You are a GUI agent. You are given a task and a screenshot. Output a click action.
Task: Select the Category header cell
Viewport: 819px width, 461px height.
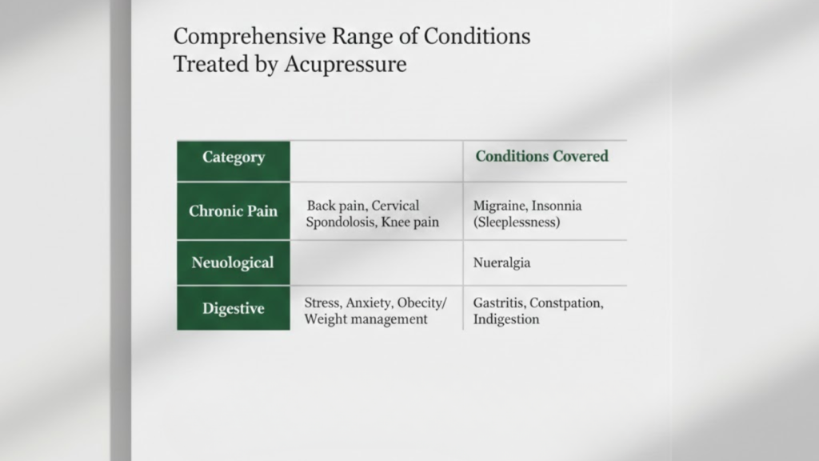click(x=234, y=157)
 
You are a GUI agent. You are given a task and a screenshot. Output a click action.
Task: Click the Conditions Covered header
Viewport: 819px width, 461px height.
click(x=541, y=156)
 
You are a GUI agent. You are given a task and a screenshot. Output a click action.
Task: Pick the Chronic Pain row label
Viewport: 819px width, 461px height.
click(x=234, y=211)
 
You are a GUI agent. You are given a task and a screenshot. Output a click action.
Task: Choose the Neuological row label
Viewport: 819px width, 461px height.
click(x=233, y=263)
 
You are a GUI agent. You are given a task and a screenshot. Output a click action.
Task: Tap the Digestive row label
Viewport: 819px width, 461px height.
click(x=234, y=308)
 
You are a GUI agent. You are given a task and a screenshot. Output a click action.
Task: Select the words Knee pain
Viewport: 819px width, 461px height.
click(x=410, y=222)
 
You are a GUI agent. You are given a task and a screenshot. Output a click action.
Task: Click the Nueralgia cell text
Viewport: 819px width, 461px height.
click(x=501, y=263)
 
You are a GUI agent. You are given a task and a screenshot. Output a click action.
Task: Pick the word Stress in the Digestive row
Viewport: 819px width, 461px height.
click(x=322, y=303)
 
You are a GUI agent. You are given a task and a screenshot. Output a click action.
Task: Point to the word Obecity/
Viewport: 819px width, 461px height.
click(x=418, y=303)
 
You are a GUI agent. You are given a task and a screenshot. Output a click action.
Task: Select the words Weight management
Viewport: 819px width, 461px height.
click(x=366, y=319)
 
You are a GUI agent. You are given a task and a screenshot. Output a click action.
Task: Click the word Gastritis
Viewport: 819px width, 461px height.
click(x=499, y=303)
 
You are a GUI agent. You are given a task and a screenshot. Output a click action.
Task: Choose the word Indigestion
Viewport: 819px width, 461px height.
click(x=506, y=319)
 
